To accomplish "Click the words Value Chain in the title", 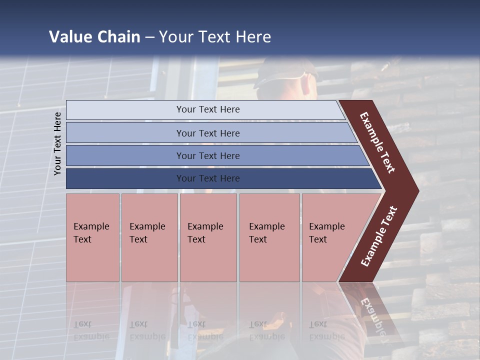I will (94, 37).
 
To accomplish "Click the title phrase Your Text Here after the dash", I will (215, 37).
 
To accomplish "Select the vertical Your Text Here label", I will (57, 143).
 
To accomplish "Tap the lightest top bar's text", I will (208, 109).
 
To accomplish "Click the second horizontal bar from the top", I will (208, 133).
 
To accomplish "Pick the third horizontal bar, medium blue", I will (208, 155).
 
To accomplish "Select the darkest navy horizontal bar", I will (208, 178).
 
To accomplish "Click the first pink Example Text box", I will (92, 237).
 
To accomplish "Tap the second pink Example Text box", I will (149, 237).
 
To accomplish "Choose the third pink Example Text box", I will (207, 237).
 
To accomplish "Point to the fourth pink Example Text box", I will (269, 237).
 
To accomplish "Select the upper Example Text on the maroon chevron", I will (378, 142).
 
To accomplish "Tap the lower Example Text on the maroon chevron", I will (379, 236).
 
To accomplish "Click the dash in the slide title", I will (149, 37).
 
